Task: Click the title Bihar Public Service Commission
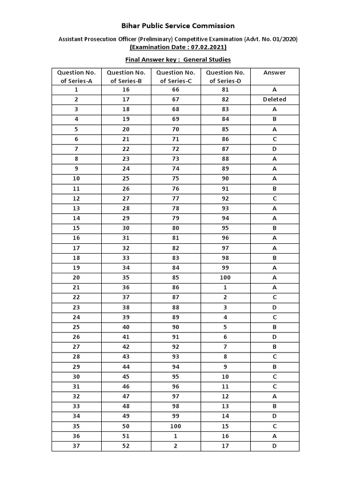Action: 178,26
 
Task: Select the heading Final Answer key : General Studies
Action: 178,60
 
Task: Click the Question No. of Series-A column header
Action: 76,76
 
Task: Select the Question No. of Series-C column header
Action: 176,76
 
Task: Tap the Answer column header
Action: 274,73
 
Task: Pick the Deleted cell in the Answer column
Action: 274,99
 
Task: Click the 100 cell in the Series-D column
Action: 225,277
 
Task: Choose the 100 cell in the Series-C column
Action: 176,426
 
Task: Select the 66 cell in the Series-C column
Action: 176,90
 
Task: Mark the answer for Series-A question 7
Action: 274,149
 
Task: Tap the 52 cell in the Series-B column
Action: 126,446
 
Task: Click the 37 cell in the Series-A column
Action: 76,446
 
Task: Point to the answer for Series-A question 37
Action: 274,446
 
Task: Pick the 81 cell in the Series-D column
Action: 225,90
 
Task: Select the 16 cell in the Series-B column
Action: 126,90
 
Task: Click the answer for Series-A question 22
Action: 274,297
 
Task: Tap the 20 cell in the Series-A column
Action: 76,277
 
